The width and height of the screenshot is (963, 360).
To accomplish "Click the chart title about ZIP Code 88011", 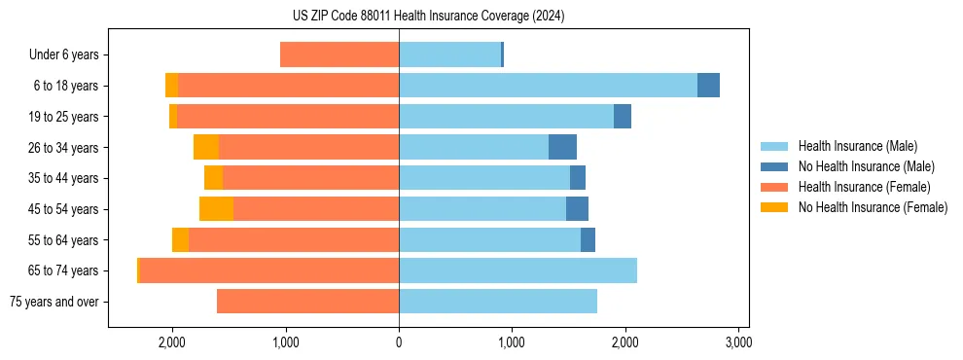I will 428,16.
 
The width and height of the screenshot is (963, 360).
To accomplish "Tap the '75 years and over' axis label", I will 54,302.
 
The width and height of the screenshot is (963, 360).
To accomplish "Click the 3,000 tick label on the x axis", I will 738,342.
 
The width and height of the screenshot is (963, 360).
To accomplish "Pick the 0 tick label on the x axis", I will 399,342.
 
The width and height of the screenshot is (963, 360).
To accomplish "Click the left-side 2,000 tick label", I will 172,342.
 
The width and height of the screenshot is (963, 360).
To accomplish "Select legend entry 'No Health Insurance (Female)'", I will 873,207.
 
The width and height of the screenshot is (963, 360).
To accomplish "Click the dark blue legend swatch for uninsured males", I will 776,166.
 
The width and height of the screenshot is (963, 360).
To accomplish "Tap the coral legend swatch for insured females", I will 776,187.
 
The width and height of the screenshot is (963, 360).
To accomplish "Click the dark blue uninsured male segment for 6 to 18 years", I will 708,86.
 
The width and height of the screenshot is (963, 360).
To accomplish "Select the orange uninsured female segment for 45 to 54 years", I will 216,209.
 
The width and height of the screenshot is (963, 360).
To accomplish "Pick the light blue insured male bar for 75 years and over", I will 498,302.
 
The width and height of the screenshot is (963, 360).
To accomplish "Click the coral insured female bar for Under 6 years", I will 339,55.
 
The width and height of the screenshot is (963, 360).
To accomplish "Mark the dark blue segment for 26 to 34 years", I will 562,148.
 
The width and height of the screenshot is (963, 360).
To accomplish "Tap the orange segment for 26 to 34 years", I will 206,148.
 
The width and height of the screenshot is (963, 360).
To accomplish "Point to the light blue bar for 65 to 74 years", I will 517,270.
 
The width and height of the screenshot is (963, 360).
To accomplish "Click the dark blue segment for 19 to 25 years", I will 623,117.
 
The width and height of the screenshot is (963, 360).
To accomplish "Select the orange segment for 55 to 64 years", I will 180,240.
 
